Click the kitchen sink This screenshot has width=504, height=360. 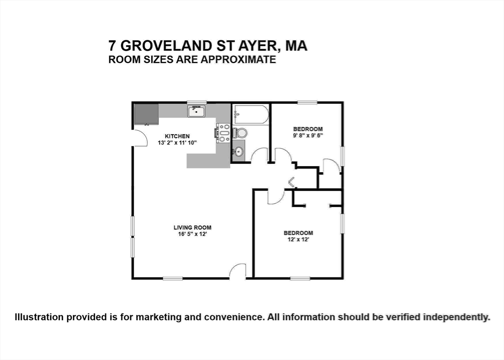click(196, 112)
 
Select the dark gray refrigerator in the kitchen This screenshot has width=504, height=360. click(146, 114)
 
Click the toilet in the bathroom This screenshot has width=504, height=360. click(240, 133)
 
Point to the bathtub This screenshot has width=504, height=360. click(251, 115)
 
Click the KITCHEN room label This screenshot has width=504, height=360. click(177, 136)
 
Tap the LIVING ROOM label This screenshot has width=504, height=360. click(192, 227)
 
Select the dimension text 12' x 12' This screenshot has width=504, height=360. click(298, 240)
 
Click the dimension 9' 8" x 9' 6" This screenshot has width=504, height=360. click(308, 135)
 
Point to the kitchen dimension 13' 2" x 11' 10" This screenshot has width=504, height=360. click(177, 143)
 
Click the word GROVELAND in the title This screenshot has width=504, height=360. click(166, 46)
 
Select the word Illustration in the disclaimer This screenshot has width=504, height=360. click(38, 317)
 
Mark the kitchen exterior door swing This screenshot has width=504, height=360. click(141, 139)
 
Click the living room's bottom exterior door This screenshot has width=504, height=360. click(238, 271)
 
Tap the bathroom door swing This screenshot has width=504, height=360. click(259, 156)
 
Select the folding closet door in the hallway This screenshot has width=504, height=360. click(291, 182)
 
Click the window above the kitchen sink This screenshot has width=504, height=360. click(196, 102)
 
